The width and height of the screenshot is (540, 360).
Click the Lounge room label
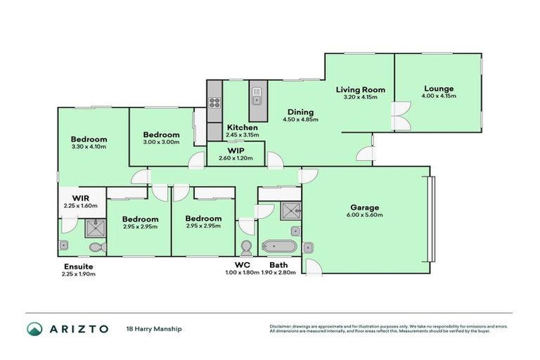pos(437,89)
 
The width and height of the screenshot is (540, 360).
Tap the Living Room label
pos(360,89)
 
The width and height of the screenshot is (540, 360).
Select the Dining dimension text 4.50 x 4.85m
pos(300,120)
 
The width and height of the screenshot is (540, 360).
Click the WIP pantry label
pos(235,150)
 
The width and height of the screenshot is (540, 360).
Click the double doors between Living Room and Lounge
pos(401,117)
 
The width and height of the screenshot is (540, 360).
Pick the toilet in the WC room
pos(246,247)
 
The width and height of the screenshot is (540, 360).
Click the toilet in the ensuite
pos(96,247)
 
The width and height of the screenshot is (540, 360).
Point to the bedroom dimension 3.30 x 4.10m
pos(89,147)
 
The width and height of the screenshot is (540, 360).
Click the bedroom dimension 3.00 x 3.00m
pos(161,142)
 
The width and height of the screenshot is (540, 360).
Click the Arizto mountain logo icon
pos(34,328)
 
